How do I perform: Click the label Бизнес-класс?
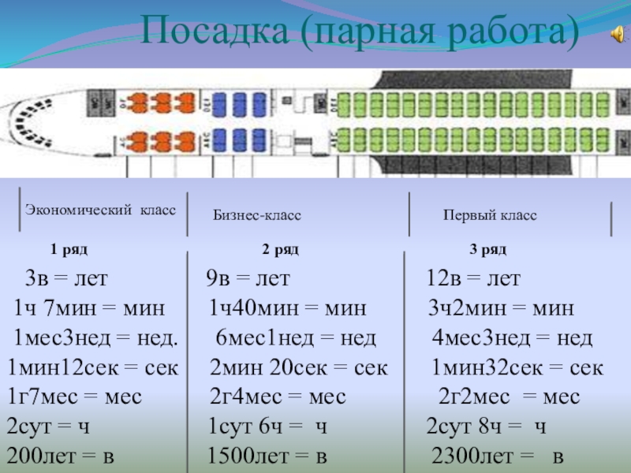pyautogui.click(x=257, y=215)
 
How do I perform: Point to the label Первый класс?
pyautogui.click(x=489, y=215)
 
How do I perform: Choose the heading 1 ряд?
pyautogui.click(x=69, y=250)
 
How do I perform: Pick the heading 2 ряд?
pyautogui.click(x=281, y=250)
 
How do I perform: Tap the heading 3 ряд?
pyautogui.click(x=488, y=250)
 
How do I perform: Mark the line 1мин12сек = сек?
pyautogui.click(x=92, y=368)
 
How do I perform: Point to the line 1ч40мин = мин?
pyautogui.click(x=288, y=308)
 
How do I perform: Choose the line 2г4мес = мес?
pyautogui.click(x=283, y=397)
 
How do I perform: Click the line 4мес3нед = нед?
pyautogui.click(x=512, y=339)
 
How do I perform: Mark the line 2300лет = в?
pyautogui.click(x=498, y=456)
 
